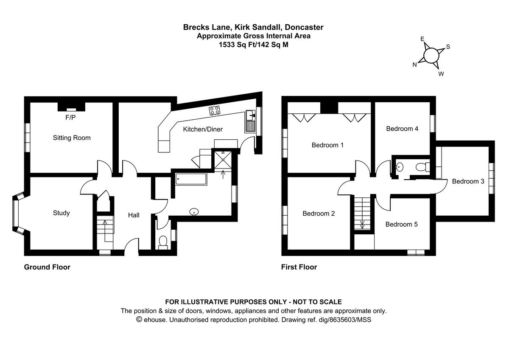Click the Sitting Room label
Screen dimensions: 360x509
tap(71, 138)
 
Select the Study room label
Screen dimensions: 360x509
tap(61, 213)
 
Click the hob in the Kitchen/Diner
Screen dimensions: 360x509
tap(215, 111)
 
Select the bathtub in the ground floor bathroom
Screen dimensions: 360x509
tap(190, 179)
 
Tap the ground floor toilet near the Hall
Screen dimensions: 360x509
tap(162, 242)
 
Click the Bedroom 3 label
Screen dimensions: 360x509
tap(468, 181)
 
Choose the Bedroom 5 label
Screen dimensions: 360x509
tap(401, 224)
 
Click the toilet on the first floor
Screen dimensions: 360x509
tap(422, 167)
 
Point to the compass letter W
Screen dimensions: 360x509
tap(441, 74)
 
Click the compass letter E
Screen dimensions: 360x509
tap(422, 39)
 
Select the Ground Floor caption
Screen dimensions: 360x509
tap(47, 267)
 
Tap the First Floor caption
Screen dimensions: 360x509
tap(299, 267)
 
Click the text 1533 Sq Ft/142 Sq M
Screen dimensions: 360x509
tap(253, 44)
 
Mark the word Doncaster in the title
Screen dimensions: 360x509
tap(304, 27)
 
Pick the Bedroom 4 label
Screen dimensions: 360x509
tap(402, 129)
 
